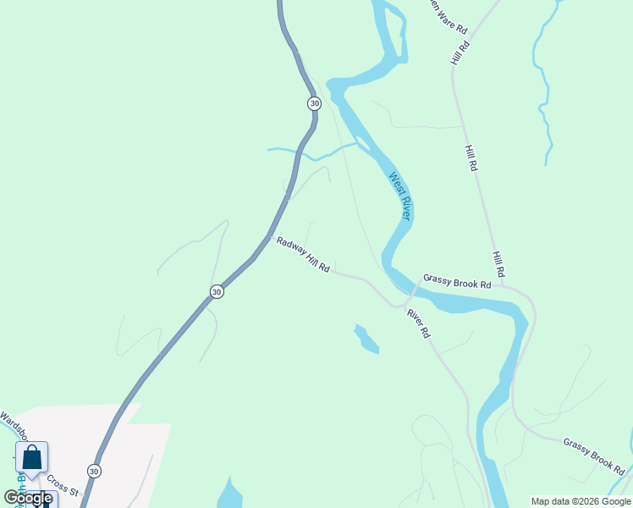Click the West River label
(400, 196)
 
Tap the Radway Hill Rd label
(302, 255)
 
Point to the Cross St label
(62, 484)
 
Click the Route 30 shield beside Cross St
(93, 471)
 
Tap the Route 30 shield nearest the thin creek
(314, 103)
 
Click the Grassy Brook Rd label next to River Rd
(457, 282)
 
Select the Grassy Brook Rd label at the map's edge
(593, 456)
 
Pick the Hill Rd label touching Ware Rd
(460, 50)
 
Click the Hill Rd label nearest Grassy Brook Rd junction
(499, 264)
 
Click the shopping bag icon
(31, 458)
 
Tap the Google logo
(28, 498)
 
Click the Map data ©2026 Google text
(581, 501)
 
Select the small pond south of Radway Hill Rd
(366, 339)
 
